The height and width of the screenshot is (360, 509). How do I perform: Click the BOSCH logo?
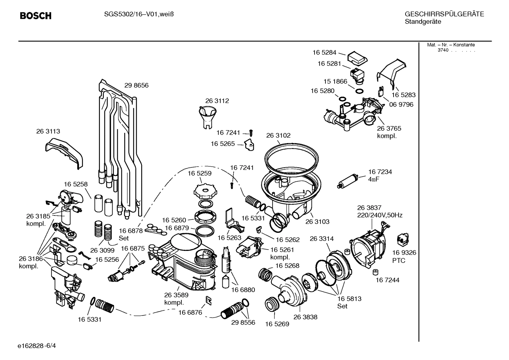(x=36, y=16)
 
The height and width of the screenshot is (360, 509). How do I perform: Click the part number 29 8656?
(x=136, y=85)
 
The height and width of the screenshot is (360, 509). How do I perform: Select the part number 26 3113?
(x=48, y=131)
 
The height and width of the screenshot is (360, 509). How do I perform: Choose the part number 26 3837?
(x=369, y=208)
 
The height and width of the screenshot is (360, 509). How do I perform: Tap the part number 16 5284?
(x=324, y=53)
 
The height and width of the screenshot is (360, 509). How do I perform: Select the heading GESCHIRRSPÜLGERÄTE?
(x=444, y=14)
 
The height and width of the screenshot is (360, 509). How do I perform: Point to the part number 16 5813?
(x=349, y=299)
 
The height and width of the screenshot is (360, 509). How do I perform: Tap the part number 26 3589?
(x=176, y=295)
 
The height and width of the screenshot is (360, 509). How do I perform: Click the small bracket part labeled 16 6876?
(x=209, y=300)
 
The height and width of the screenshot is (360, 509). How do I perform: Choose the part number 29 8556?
(x=243, y=323)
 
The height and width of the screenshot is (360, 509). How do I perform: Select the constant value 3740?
(x=443, y=50)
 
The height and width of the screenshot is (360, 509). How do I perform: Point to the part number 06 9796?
(x=401, y=105)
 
